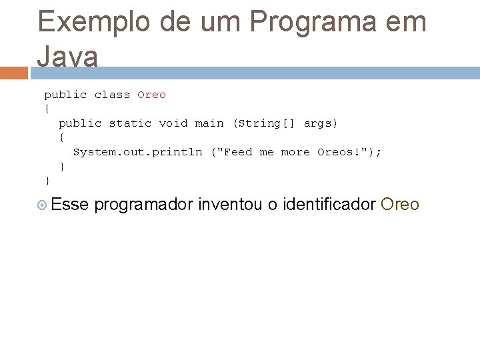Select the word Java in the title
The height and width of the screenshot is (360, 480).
pos(67,57)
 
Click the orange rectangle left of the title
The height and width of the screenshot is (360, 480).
pos(14,73)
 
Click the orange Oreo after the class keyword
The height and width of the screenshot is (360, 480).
pos(151,95)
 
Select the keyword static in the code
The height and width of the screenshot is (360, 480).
pos(130,123)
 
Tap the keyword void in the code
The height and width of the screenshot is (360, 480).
pos(173,123)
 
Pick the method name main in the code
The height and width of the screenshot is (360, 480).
pos(209,123)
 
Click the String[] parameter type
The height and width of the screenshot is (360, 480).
pos(264,123)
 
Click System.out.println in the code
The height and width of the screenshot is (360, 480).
pos(137,152)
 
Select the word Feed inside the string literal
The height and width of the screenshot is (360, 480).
pos(238,152)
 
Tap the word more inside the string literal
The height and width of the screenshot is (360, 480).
pos(295,152)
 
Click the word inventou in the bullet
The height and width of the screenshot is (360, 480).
pos(230,204)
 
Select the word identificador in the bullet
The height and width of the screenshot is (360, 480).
pos(329,204)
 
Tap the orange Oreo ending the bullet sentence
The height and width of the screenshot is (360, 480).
pos(399,204)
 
